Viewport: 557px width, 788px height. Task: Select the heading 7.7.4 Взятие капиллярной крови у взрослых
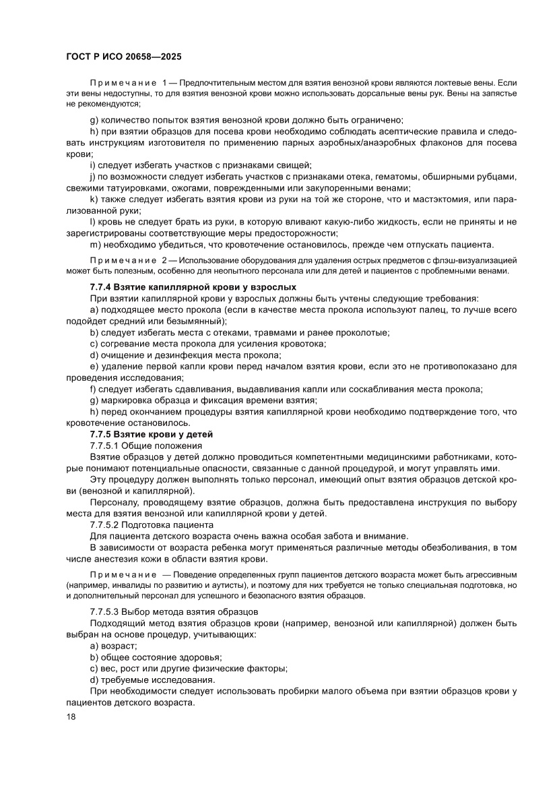pyautogui.click(x=193, y=287)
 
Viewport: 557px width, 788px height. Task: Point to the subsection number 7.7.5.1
pyautogui.click(x=104, y=446)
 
